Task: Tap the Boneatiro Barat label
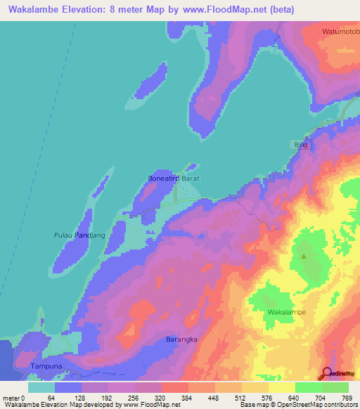[174, 179]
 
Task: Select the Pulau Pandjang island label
[79, 235]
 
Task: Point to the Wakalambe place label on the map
[288, 311]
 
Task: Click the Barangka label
[181, 339]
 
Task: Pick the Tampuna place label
[47, 367]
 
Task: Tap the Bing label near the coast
[301, 144]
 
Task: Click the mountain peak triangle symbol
[304, 257]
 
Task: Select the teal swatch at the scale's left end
[41, 387]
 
